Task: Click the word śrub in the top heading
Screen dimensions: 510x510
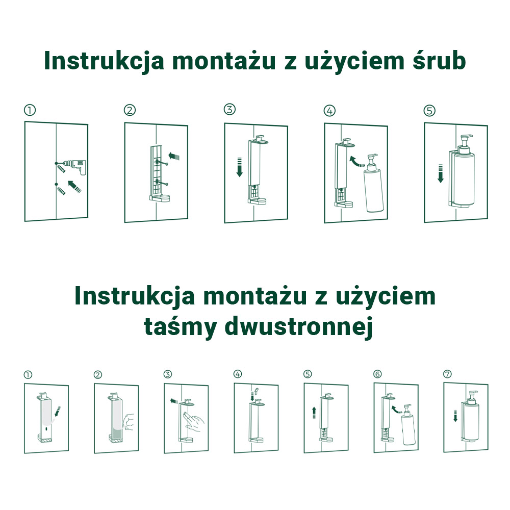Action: tap(439, 61)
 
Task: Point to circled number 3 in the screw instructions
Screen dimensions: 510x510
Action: tap(229, 110)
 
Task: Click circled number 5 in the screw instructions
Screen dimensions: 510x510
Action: tap(429, 111)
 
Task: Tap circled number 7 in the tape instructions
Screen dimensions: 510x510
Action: tap(448, 374)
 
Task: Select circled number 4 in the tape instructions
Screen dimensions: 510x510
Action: tap(238, 374)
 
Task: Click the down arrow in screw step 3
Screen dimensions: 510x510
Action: tap(240, 167)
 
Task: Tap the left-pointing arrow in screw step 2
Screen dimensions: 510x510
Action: tap(174, 157)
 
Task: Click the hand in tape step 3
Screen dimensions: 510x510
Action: tap(193, 422)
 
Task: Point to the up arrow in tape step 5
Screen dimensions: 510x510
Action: tap(314, 413)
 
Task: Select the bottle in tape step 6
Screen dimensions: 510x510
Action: tap(408, 424)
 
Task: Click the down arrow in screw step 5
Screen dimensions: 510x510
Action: tap(441, 173)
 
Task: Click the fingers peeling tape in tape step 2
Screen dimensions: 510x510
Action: tap(129, 422)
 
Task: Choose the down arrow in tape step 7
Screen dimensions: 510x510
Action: tap(455, 416)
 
